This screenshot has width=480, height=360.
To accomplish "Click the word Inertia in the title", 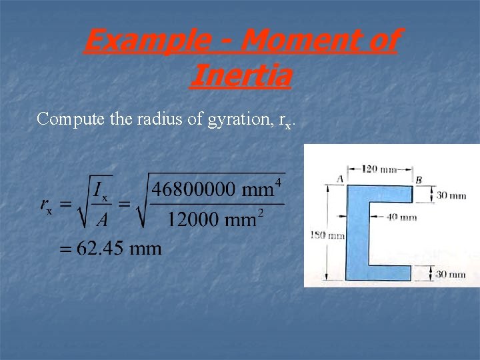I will [240, 75].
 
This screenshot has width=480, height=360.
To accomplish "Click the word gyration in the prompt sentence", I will [234, 119].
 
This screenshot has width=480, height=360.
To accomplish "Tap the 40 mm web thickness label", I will [401, 217].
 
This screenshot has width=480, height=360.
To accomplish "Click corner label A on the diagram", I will [340, 178].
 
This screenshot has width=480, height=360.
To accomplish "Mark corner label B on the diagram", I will [418, 179].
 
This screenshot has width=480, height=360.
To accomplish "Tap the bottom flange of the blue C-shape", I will [383, 272].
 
